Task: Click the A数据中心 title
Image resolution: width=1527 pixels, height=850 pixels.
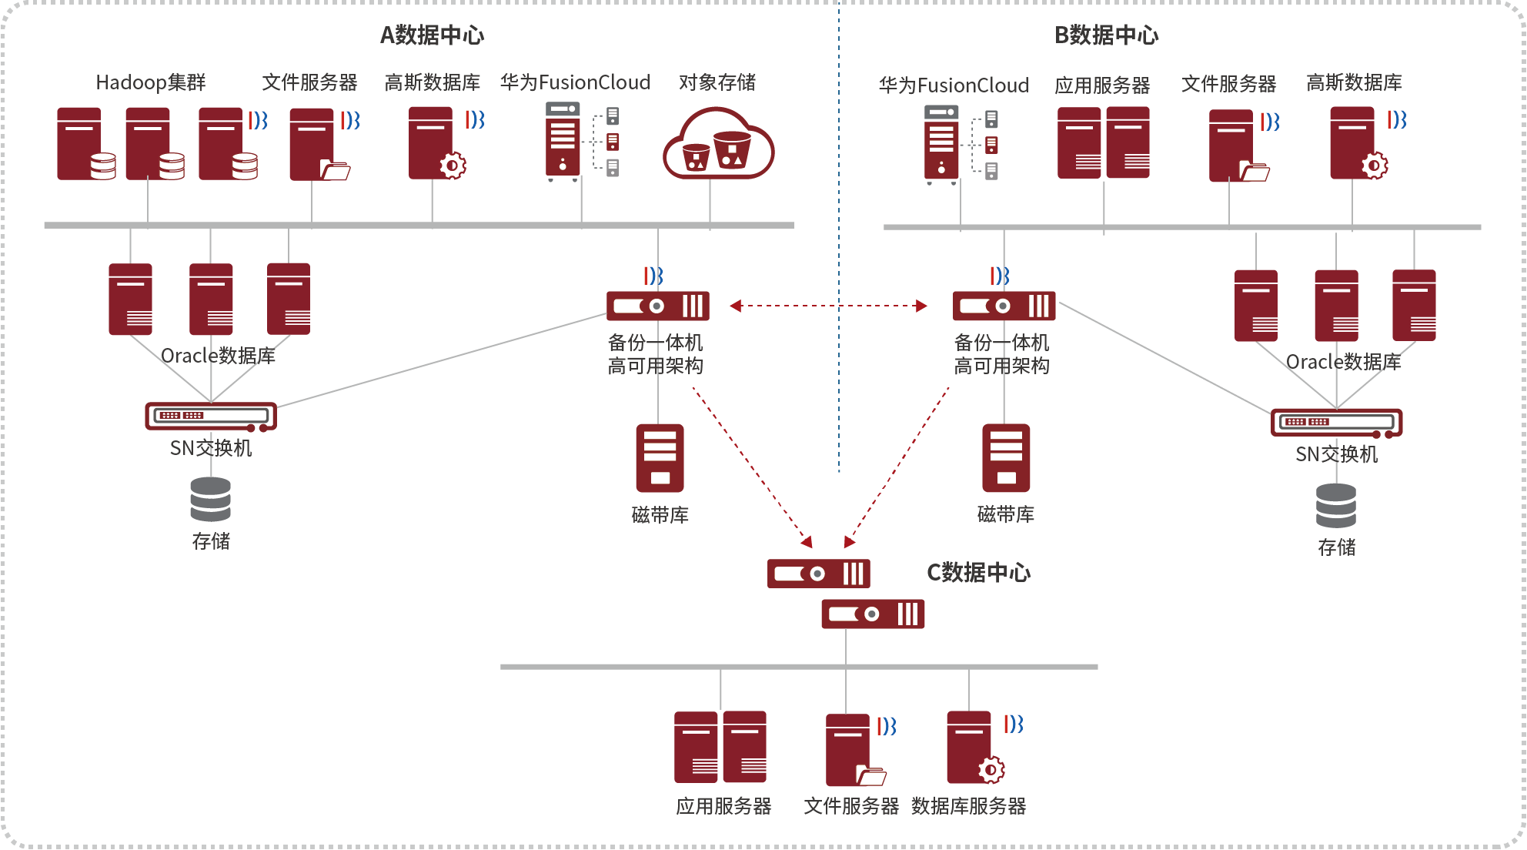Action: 432,35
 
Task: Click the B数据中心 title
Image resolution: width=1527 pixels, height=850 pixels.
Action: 1106,35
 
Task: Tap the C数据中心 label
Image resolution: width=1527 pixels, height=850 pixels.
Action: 978,572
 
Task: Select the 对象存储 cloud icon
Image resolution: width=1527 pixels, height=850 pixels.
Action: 718,146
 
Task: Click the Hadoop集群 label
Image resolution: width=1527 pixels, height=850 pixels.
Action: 151,82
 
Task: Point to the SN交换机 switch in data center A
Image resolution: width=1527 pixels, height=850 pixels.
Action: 211,417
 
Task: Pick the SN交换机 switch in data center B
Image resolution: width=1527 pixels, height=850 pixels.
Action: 1336,423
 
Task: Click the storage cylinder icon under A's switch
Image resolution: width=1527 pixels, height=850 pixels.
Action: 211,499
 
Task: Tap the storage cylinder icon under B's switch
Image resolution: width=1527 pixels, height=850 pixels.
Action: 1336,505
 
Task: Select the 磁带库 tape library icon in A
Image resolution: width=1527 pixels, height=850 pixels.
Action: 660,458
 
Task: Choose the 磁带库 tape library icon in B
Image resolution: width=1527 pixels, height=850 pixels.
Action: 1006,458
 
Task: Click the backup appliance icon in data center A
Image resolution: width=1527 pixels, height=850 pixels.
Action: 658,306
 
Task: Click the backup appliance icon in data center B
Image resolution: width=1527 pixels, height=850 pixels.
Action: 1004,306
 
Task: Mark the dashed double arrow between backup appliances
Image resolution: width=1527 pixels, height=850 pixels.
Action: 828,306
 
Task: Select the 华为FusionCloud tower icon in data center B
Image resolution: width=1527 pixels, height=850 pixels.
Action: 942,145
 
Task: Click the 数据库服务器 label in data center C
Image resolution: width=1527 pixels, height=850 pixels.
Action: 968,806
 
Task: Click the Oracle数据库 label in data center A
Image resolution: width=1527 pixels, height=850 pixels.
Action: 218,356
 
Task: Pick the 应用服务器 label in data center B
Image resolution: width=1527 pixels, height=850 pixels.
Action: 1102,85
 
